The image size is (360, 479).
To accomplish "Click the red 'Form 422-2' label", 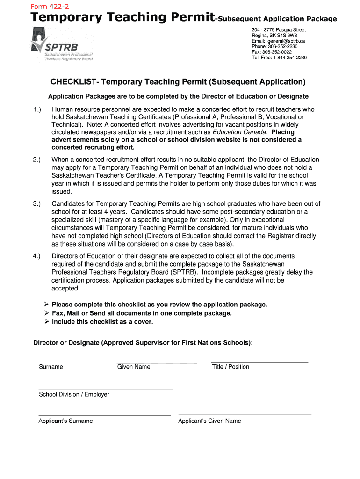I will coord(49,6).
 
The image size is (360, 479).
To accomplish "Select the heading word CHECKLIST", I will coord(72,82).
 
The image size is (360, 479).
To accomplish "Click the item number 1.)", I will coord(37,109).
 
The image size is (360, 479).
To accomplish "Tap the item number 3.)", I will coord(37,204).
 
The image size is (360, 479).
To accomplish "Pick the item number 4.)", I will coord(37,256).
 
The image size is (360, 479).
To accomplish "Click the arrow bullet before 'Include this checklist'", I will coord(47,322).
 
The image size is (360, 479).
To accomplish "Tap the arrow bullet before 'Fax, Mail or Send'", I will coord(47,313).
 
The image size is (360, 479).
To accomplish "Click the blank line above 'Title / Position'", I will coord(259,362).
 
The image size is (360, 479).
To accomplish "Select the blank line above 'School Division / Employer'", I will coord(105,389).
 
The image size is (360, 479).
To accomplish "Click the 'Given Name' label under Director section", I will coord(134,367).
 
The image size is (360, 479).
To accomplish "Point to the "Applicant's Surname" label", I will coord(65,421).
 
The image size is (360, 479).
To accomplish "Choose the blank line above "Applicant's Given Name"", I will coord(245,414).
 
